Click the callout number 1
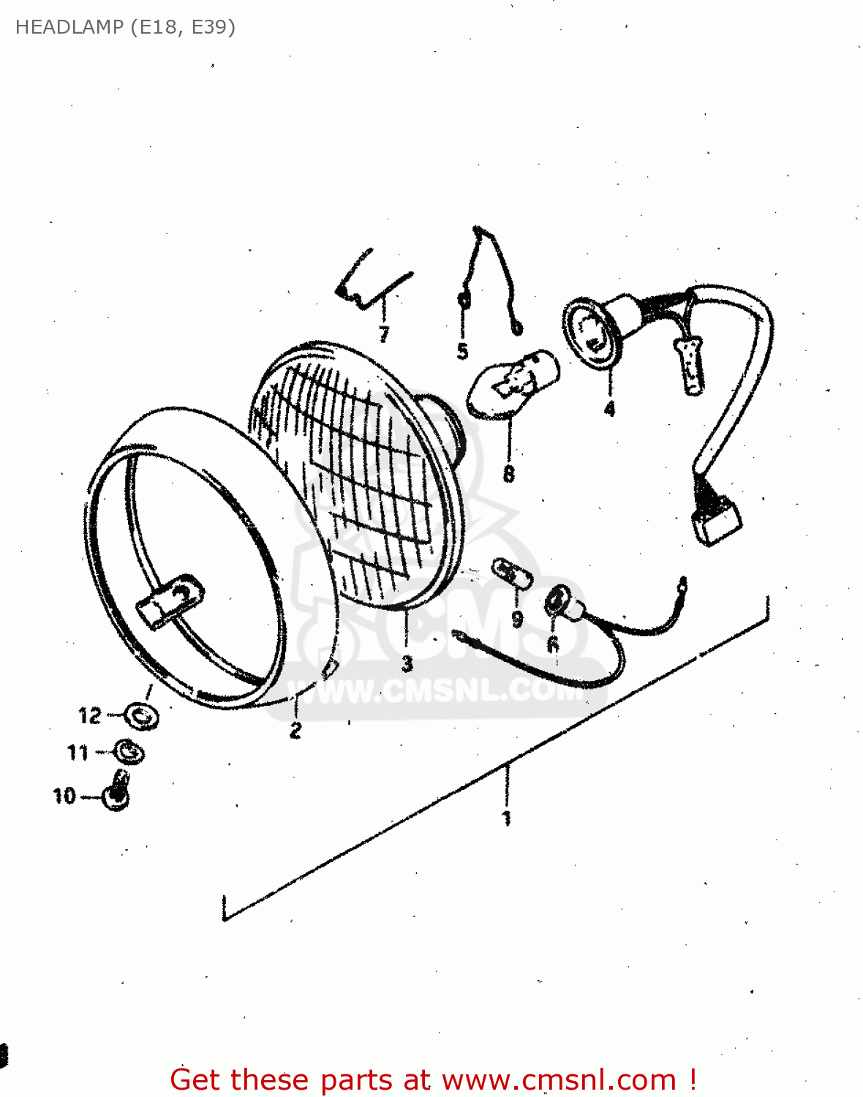[x=506, y=818]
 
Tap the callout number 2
[x=295, y=729]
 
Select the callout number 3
[x=407, y=663]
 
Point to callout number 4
[x=610, y=409]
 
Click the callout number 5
[x=462, y=352]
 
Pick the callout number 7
[x=384, y=334]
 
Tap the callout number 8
[x=509, y=474]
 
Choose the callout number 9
[x=517, y=619]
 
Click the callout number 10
[x=64, y=796]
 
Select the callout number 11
[x=78, y=752]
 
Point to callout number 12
[x=89, y=715]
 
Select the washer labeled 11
[x=129, y=751]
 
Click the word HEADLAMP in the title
[x=69, y=27]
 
